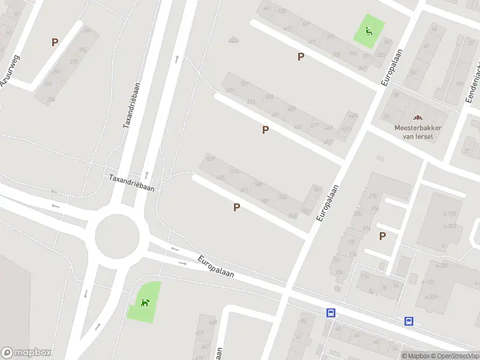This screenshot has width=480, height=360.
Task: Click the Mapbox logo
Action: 26,353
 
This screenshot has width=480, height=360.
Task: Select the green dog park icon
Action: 145,302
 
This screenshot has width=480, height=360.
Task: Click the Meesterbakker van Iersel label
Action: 418,132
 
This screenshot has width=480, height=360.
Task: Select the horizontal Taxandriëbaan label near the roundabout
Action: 131,183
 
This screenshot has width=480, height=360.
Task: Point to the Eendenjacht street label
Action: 473,84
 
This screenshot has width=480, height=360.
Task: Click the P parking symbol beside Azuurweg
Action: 55,42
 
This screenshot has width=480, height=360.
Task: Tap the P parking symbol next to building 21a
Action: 382,236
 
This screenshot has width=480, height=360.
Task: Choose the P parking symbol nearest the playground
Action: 301,56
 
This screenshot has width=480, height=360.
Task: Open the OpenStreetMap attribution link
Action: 455,356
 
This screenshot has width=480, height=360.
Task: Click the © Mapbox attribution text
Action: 415,356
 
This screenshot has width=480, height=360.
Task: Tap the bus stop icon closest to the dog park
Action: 331,313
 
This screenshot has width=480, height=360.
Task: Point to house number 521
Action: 244,84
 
